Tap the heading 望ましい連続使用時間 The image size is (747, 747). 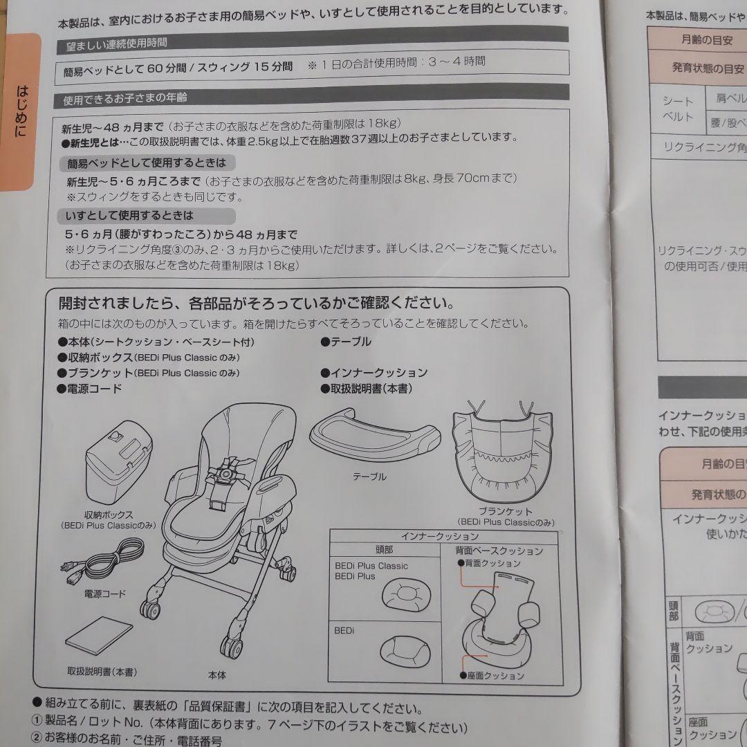[116, 43]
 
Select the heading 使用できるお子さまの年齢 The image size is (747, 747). [124, 98]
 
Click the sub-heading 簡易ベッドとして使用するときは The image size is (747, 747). [146, 163]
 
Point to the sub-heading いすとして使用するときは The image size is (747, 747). [129, 216]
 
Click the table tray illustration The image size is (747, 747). [373, 436]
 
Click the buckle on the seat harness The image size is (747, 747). [225, 475]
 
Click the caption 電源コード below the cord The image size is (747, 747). [105, 593]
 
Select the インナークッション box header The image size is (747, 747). [440, 536]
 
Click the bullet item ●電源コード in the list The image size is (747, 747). [90, 389]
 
